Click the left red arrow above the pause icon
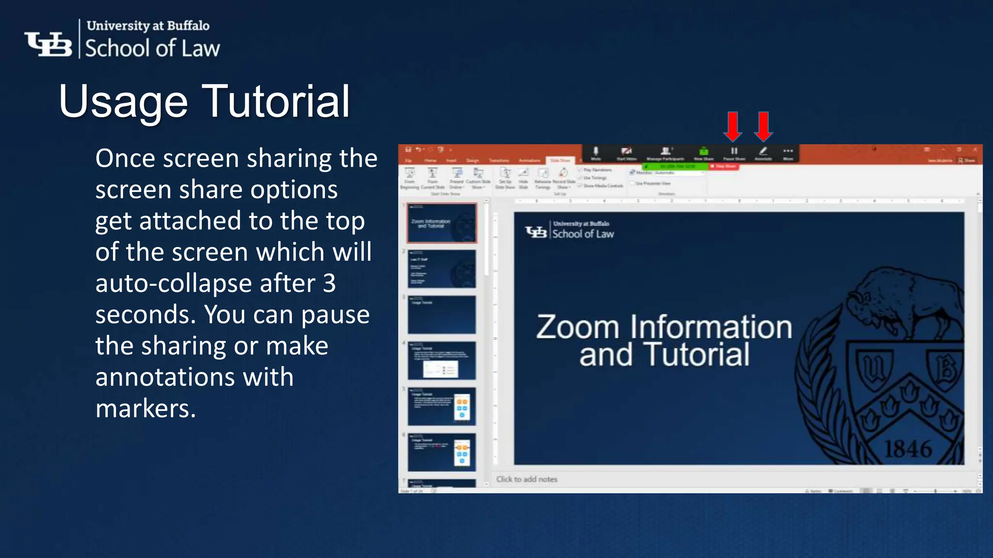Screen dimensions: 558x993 [x=733, y=126]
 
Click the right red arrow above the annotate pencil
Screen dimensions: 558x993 [x=763, y=126]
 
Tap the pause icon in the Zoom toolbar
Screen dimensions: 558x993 [x=734, y=151]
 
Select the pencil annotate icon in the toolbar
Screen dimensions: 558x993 [x=763, y=151]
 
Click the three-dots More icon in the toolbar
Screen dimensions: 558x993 [x=788, y=151]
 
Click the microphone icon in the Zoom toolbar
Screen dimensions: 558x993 [x=596, y=151]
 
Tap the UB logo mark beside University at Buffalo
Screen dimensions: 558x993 [x=48, y=44]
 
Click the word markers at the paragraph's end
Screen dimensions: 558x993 [x=145, y=408]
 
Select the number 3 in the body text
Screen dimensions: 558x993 [x=329, y=283]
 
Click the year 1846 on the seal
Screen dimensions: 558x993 [x=908, y=449]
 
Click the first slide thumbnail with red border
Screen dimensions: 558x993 [x=441, y=223]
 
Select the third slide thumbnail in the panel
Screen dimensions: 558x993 [x=441, y=315]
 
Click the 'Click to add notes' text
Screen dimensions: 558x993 [x=527, y=479]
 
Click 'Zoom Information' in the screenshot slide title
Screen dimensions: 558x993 [x=664, y=327]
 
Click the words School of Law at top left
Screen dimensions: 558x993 [x=152, y=49]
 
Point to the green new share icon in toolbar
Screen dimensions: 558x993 [x=704, y=151]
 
